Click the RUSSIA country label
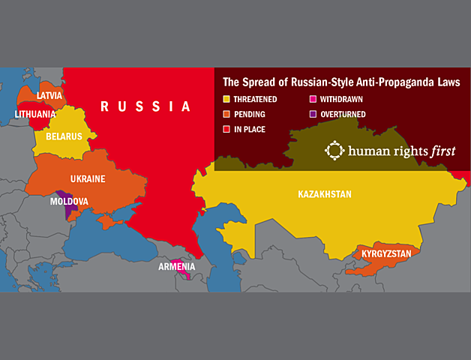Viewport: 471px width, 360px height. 146,106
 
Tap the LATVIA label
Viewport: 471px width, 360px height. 49,96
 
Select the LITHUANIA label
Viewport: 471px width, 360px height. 35,115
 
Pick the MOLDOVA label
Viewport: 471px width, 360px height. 69,202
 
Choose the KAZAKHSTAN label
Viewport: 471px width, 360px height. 324,194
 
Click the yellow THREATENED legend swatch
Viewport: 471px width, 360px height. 227,99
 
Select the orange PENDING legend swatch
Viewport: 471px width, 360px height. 227,115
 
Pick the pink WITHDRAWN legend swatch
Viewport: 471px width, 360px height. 312,99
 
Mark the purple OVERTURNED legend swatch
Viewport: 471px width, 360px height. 312,115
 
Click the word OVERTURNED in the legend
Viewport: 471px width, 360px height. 343,115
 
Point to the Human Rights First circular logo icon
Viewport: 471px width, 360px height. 334,150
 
